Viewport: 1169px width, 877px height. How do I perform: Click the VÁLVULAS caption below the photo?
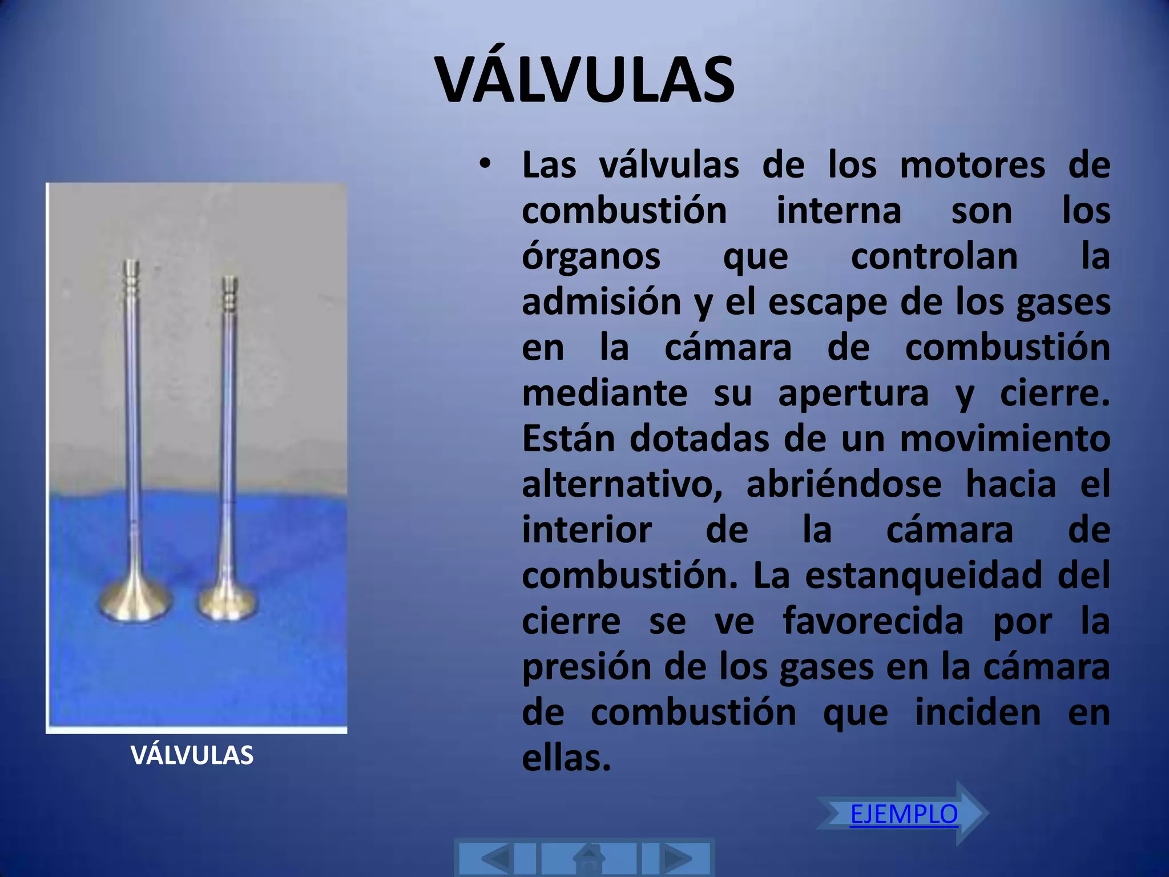click(x=192, y=755)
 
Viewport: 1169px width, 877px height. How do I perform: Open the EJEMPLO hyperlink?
click(x=904, y=814)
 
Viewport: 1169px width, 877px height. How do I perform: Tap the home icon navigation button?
click(x=588, y=858)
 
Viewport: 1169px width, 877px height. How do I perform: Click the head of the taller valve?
click(x=135, y=603)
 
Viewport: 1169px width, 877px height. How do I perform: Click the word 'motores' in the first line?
click(x=972, y=166)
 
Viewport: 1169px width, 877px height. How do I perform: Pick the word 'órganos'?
click(x=591, y=257)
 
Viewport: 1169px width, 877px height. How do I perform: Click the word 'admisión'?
click(x=601, y=302)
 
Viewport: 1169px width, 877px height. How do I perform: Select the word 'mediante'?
click(x=604, y=393)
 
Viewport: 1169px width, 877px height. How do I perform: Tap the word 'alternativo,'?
click(x=622, y=485)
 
